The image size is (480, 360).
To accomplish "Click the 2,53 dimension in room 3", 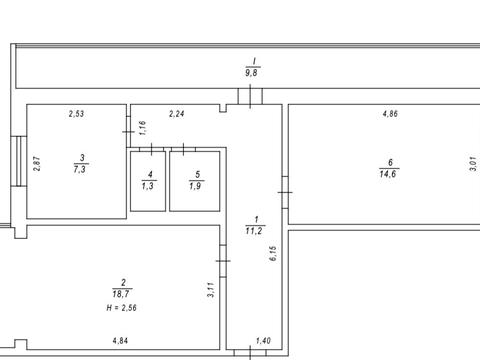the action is [76, 114].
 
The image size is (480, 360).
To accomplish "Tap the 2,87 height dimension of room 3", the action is [37, 164].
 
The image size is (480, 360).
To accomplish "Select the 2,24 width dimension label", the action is [177, 114].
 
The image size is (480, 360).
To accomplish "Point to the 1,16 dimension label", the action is [142, 128].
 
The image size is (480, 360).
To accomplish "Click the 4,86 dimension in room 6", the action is [390, 114].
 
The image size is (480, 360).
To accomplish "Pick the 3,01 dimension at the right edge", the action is [473, 164].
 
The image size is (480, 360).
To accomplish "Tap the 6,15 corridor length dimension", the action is [273, 253].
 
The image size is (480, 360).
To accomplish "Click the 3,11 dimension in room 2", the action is [211, 290].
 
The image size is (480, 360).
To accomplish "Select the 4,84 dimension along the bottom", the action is [120, 341].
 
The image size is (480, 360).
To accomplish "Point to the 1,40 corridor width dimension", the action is [263, 341].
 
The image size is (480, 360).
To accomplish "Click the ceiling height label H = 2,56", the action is [121, 308].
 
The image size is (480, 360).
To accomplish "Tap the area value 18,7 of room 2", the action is [121, 294].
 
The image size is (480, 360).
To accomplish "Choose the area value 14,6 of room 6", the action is [388, 174].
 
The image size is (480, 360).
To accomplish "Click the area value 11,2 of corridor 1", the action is [254, 231].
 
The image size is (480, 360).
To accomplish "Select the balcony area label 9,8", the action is [251, 73].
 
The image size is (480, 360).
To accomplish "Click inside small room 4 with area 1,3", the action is [148, 181].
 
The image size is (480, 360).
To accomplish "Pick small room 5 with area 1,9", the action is [195, 181].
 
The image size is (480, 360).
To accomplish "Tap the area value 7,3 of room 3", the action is [80, 169].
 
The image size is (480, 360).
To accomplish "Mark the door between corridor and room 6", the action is [285, 192].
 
